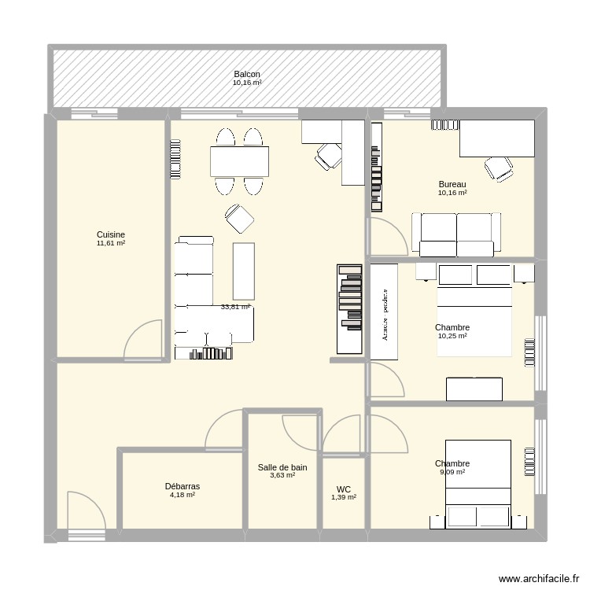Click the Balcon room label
[x=247, y=74]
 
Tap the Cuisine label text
[x=111, y=234]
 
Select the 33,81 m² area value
[x=235, y=308]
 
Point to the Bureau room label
[x=452, y=184]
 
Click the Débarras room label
[x=182, y=486]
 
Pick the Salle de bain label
[x=282, y=467]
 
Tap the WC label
[x=344, y=489]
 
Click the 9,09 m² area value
[x=452, y=473]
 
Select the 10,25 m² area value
[x=452, y=337]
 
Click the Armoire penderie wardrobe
[x=385, y=311]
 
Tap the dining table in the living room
[x=239, y=161]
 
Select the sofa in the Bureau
[x=456, y=234]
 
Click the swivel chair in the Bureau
[x=500, y=168]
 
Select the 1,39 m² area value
[x=344, y=497]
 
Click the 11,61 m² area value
[x=111, y=244]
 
